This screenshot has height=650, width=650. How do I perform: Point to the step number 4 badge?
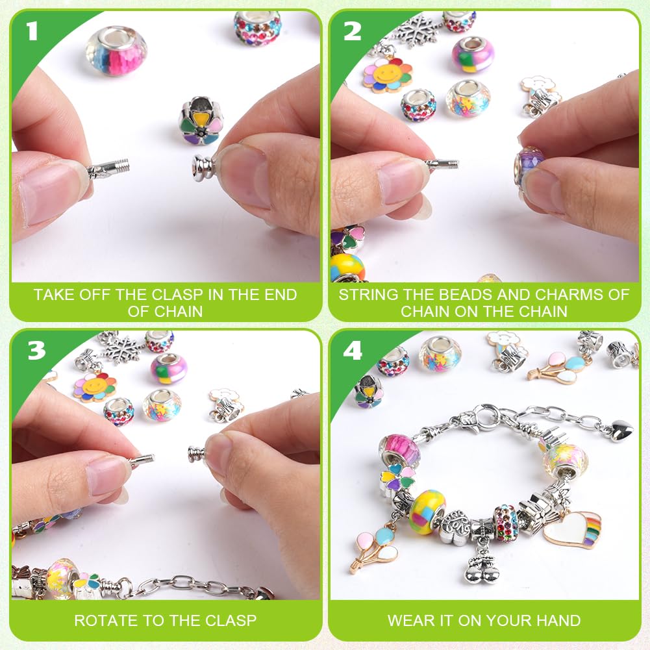353,351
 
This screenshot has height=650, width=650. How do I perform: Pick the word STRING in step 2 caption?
374,295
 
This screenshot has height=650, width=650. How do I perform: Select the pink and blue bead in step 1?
116,51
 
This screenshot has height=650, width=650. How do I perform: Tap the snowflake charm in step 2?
414,30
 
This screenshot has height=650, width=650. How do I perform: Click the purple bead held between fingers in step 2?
528,166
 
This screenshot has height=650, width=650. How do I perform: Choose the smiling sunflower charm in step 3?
94,387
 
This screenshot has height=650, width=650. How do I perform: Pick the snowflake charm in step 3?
122,349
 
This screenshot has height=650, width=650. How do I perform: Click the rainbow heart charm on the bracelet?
572,529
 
